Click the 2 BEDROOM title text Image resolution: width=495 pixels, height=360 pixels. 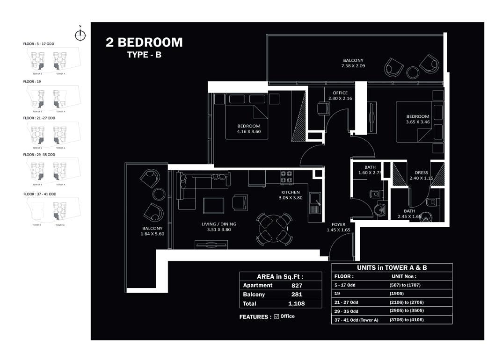tap(144, 43)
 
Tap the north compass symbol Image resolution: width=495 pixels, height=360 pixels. tap(80, 35)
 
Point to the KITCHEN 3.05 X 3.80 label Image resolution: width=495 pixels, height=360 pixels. tap(291, 195)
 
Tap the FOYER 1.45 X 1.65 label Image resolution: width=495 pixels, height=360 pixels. tap(338, 227)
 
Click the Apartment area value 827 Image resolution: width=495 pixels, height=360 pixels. tap(297, 285)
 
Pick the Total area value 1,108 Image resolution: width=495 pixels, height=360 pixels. tap(297, 303)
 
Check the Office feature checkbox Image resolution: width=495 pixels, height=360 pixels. tap(277, 317)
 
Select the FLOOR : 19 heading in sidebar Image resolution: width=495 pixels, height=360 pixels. tap(32, 81)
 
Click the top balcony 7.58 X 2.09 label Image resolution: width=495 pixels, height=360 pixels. tap(353, 63)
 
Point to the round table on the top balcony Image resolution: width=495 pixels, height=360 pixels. tap(413, 72)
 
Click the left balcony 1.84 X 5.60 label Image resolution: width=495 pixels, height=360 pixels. tap(152, 231)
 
